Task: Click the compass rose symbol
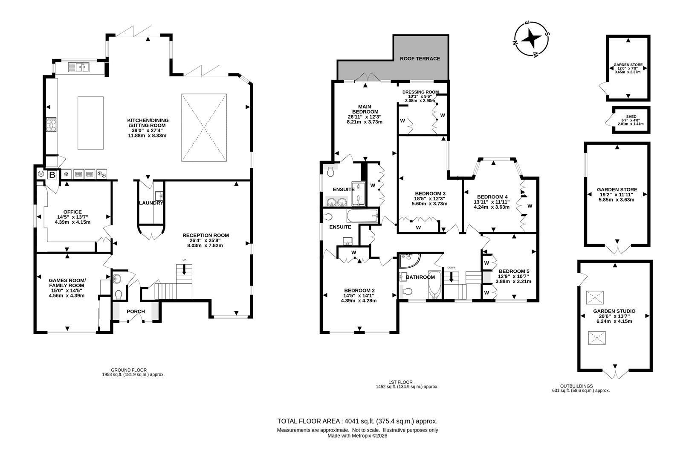point(531,39)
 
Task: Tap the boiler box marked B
point(52,175)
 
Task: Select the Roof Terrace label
point(420,58)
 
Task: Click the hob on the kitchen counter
point(51,125)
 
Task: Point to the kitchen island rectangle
point(90,123)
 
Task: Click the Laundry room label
point(151,203)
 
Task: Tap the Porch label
point(136,312)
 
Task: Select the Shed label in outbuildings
point(631,117)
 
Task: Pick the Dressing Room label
point(420,92)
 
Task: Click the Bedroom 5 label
point(514,271)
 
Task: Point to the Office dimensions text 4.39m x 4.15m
point(72,222)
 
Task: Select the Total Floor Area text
point(357,421)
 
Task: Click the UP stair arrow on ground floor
point(184,269)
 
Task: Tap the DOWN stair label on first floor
point(451,268)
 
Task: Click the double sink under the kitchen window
point(79,67)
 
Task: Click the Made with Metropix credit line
point(357,436)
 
